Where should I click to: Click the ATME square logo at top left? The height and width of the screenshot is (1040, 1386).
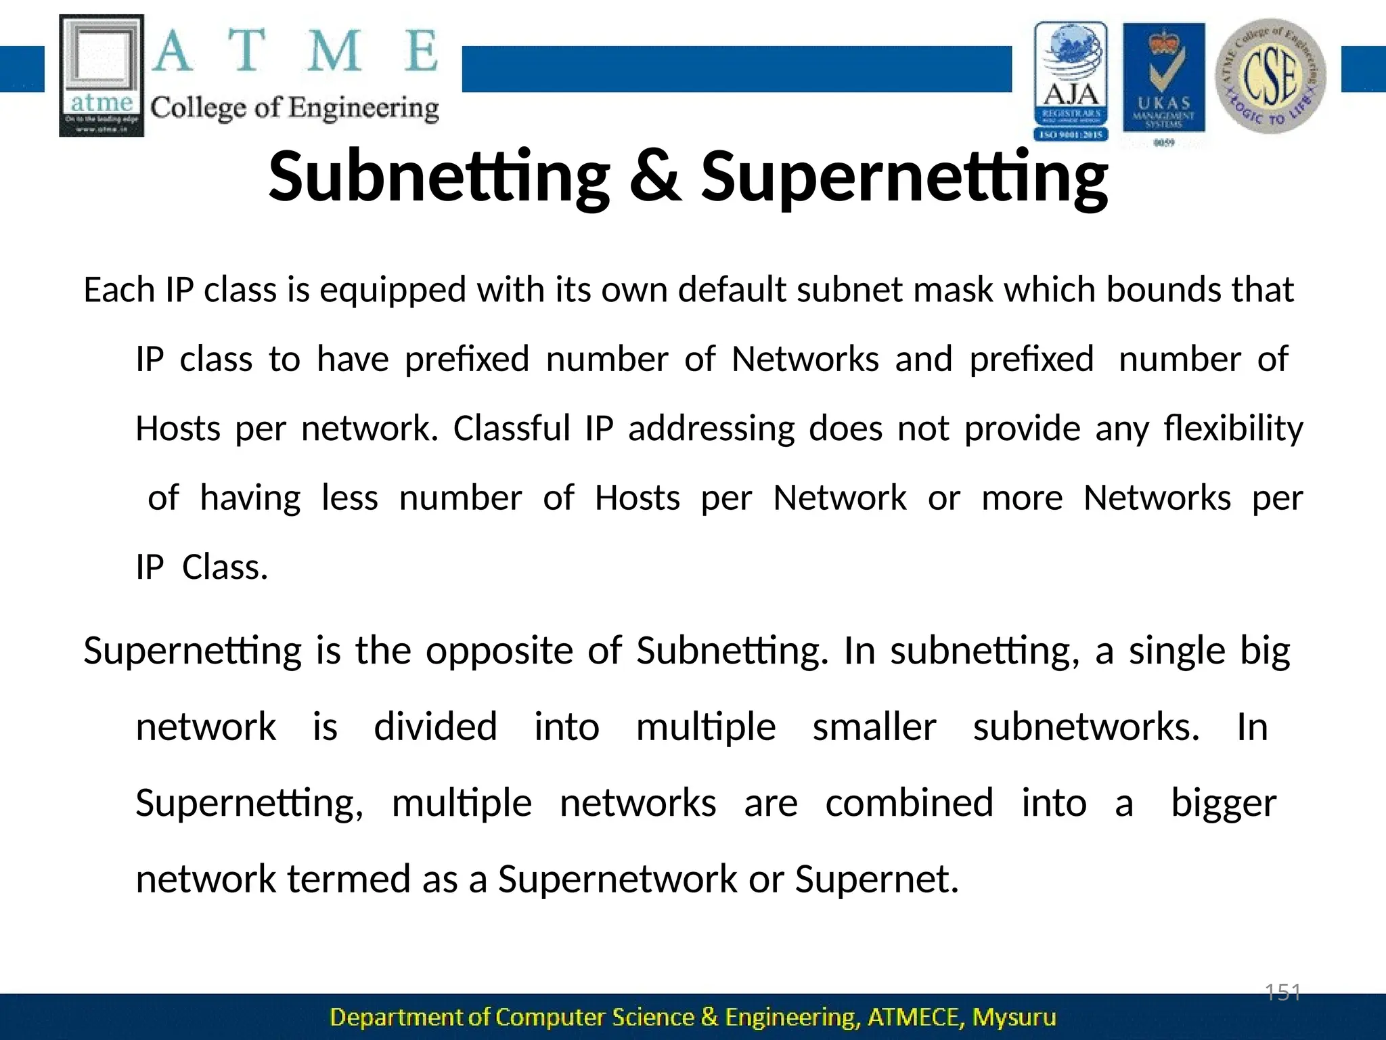click(102, 75)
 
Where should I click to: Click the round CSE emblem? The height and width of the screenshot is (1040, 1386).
click(1270, 75)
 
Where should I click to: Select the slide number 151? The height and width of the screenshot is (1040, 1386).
click(1283, 993)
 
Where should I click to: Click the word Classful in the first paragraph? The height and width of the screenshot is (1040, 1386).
click(512, 429)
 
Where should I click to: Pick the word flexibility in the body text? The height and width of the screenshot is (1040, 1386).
click(1233, 429)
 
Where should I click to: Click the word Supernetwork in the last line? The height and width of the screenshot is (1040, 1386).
click(617, 880)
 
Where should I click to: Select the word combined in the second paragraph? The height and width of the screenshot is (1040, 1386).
click(909, 804)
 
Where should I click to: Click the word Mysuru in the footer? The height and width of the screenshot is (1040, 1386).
click(1014, 1018)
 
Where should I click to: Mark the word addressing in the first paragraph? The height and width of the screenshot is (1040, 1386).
click(711, 429)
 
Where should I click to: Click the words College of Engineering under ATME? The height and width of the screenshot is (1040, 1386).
click(294, 108)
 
